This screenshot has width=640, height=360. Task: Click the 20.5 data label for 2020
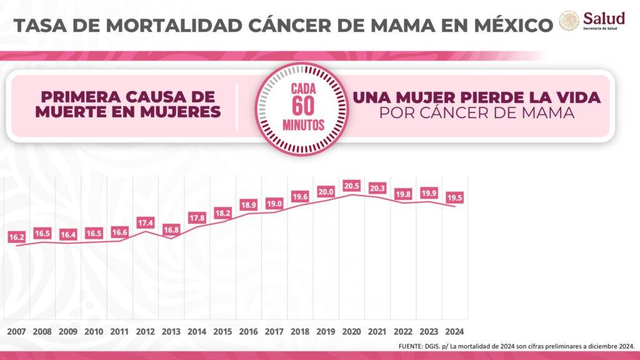(x=352, y=186)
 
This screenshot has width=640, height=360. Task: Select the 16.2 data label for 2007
(x=17, y=237)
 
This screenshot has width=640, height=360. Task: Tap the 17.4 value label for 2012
(x=146, y=222)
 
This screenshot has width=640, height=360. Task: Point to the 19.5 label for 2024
(x=454, y=197)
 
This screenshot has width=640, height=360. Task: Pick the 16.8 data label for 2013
(x=171, y=229)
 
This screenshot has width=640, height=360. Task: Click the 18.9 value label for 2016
(x=249, y=205)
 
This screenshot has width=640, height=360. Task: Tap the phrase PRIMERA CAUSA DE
(x=127, y=97)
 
